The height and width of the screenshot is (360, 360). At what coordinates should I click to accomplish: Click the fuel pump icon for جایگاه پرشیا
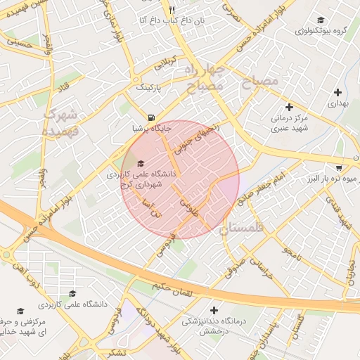[152, 117]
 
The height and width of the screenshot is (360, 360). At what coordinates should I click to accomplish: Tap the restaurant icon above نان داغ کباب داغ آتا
[171, 10]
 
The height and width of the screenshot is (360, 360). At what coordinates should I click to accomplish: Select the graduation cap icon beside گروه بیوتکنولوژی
[321, 20]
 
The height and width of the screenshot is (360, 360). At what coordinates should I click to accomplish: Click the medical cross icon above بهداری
[338, 91]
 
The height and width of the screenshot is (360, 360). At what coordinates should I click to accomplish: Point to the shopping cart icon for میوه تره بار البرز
[340, 168]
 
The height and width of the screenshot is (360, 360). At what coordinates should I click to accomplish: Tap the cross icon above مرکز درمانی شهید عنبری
[288, 106]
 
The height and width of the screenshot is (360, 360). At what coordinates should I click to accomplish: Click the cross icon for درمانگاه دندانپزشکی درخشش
[214, 310]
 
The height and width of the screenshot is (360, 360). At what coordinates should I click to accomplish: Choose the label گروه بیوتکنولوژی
[326, 32]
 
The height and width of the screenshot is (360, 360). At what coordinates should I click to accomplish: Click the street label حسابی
[19, 43]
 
